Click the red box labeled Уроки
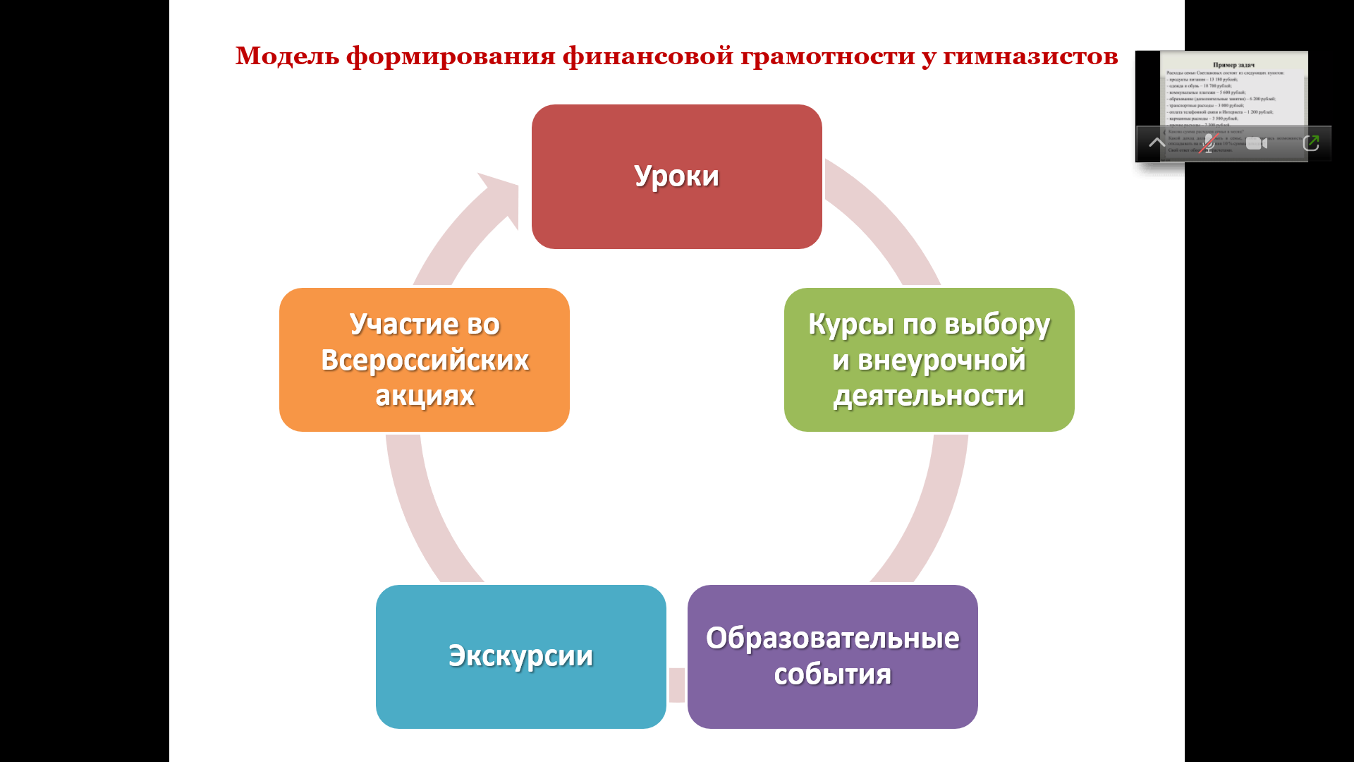pos(676,176)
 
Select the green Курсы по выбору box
pos(929,360)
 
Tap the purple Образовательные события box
pos(832,656)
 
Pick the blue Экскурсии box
pos(520,656)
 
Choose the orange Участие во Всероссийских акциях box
pos(424,360)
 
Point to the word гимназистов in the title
pos(1030,56)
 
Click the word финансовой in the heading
pos(647,56)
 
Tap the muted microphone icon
pos(1208,143)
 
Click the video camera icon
pos(1256,143)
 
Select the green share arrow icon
pos(1311,143)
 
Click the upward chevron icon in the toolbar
pos(1157,143)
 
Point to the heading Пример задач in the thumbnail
pos(1233,65)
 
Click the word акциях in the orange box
pos(425,396)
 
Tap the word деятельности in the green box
pos(929,396)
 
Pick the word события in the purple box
pos(832,675)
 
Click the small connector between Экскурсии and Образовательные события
pos(677,684)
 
